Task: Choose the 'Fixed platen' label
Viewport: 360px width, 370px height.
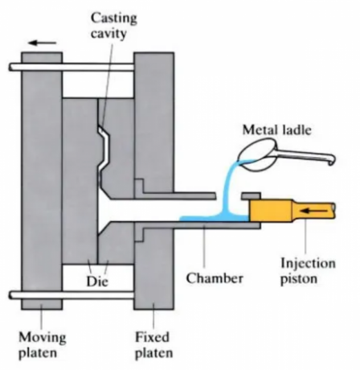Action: coord(153,342)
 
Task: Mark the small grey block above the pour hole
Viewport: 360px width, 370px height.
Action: coord(250,195)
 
